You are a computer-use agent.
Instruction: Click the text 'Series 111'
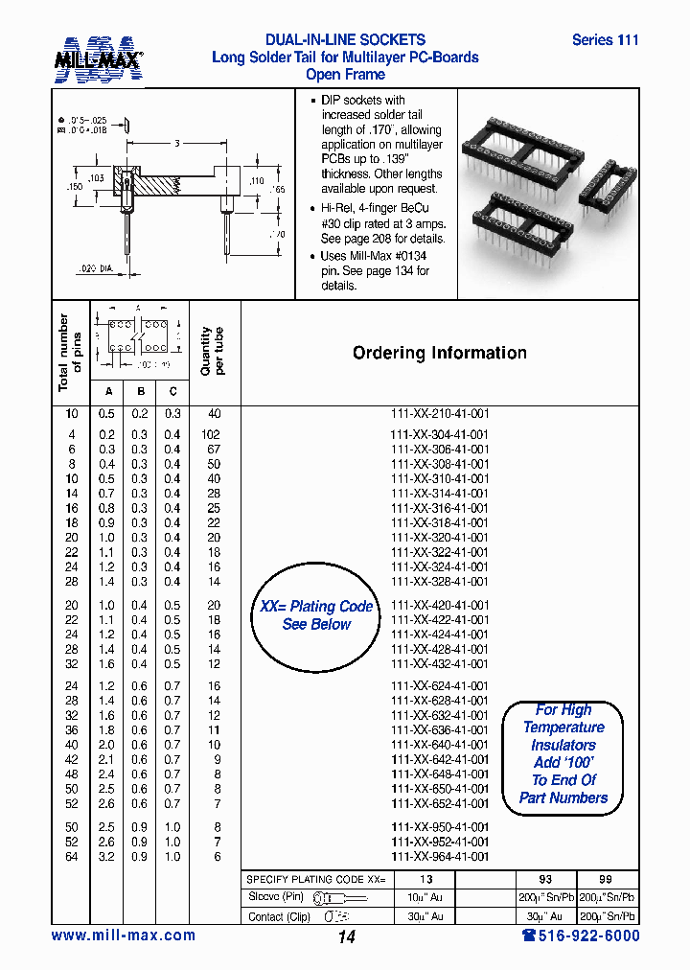pos(605,40)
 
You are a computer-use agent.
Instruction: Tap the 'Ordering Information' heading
pos(439,353)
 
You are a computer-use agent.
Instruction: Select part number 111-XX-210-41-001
pos(440,413)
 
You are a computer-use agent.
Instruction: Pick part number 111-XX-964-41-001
pos(440,857)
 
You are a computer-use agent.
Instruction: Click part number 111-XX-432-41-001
pos(440,664)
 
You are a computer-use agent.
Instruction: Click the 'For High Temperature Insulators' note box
pos(563,754)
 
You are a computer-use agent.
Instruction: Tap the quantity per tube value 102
pos(213,434)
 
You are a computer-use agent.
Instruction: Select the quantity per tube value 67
pos(213,450)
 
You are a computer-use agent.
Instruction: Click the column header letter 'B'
pos(140,391)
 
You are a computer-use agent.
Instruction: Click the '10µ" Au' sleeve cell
pos(425,898)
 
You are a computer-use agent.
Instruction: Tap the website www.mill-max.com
pos(123,935)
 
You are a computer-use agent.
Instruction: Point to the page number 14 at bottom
pos(346,937)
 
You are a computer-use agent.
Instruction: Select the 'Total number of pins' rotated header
pos(70,353)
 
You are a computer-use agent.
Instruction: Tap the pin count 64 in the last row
pos(72,857)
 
